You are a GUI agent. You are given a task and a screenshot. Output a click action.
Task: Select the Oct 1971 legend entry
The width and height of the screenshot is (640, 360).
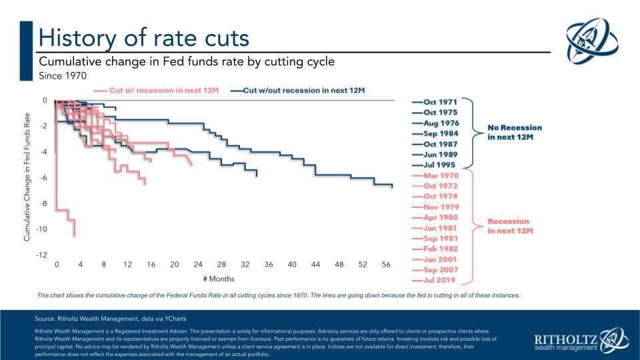point(439,102)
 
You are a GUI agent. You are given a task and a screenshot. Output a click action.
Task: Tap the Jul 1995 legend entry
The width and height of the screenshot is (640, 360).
point(439,165)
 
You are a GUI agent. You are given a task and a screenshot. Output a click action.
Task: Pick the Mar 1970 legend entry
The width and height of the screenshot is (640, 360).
point(439,175)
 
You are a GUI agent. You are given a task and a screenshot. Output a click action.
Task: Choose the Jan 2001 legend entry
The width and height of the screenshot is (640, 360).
point(439,259)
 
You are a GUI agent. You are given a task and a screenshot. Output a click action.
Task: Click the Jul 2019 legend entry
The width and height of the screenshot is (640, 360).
point(439,280)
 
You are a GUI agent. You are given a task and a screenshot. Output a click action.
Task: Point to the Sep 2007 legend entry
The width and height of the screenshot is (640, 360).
point(439,270)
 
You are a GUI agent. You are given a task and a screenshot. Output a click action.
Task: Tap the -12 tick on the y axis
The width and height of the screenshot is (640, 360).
point(41,255)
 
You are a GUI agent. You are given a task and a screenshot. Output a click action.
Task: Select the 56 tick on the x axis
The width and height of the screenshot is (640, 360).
point(385,265)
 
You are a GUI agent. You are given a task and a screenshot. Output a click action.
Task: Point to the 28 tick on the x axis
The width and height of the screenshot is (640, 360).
point(221,265)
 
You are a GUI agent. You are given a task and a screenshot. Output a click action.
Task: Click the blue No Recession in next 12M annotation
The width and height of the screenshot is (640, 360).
point(514,132)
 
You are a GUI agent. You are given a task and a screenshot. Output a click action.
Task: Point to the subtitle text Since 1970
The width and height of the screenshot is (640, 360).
point(63,76)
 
